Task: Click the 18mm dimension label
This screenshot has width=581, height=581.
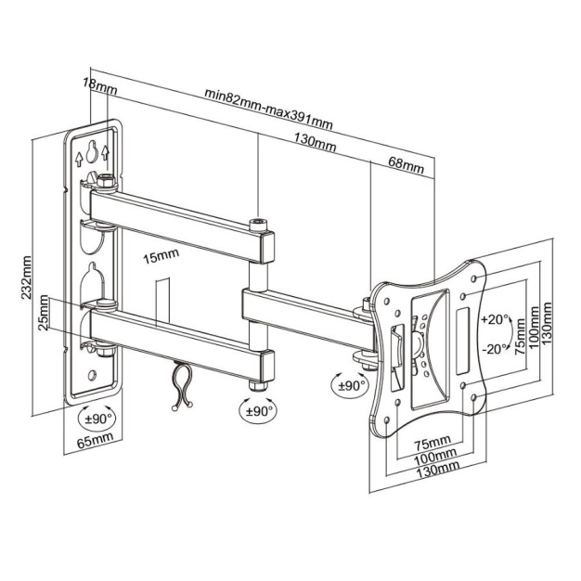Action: [x=99, y=87]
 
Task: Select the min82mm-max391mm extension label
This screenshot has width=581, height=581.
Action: [x=269, y=109]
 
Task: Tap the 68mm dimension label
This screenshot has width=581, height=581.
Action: [x=406, y=165]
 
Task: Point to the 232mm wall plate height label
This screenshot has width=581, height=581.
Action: [x=26, y=278]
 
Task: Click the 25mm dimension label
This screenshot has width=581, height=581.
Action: [x=44, y=313]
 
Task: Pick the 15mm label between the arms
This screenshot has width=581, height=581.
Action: [x=161, y=256]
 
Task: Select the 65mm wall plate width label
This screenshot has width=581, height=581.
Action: [x=95, y=440]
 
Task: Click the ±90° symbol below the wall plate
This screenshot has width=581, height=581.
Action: [x=97, y=419]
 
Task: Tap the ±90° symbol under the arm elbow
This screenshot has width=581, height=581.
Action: [x=259, y=411]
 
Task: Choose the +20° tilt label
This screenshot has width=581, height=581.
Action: [x=495, y=319]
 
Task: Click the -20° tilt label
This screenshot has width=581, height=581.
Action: [x=495, y=349]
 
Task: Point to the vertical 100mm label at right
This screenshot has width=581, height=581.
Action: [x=535, y=328]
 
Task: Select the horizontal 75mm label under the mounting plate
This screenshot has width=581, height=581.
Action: [x=433, y=442]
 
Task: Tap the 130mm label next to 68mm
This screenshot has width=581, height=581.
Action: [x=315, y=143]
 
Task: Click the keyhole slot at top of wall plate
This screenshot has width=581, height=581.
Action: [x=92, y=151]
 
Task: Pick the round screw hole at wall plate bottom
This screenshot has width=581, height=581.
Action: [x=92, y=375]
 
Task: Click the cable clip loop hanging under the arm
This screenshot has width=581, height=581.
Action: [x=182, y=386]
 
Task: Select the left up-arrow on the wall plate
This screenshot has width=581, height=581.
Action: [x=79, y=159]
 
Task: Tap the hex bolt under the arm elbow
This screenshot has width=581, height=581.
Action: [x=258, y=385]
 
